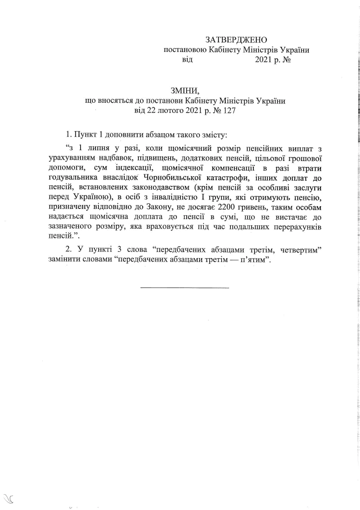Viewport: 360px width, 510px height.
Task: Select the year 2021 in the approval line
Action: tap(263, 59)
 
